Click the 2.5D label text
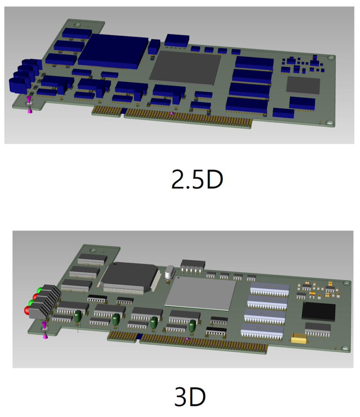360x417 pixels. tap(197, 180)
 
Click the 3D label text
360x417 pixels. tap(190, 397)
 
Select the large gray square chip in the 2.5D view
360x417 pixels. tap(186, 68)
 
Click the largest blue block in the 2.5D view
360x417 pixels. tap(113, 51)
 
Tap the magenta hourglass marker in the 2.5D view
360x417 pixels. tap(29, 105)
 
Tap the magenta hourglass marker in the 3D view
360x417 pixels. tap(44, 330)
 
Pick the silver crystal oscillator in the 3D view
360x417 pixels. tap(169, 272)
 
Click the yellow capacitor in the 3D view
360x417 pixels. tap(299, 338)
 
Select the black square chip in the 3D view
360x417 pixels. tap(318, 312)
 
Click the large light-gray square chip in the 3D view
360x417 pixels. tap(201, 293)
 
